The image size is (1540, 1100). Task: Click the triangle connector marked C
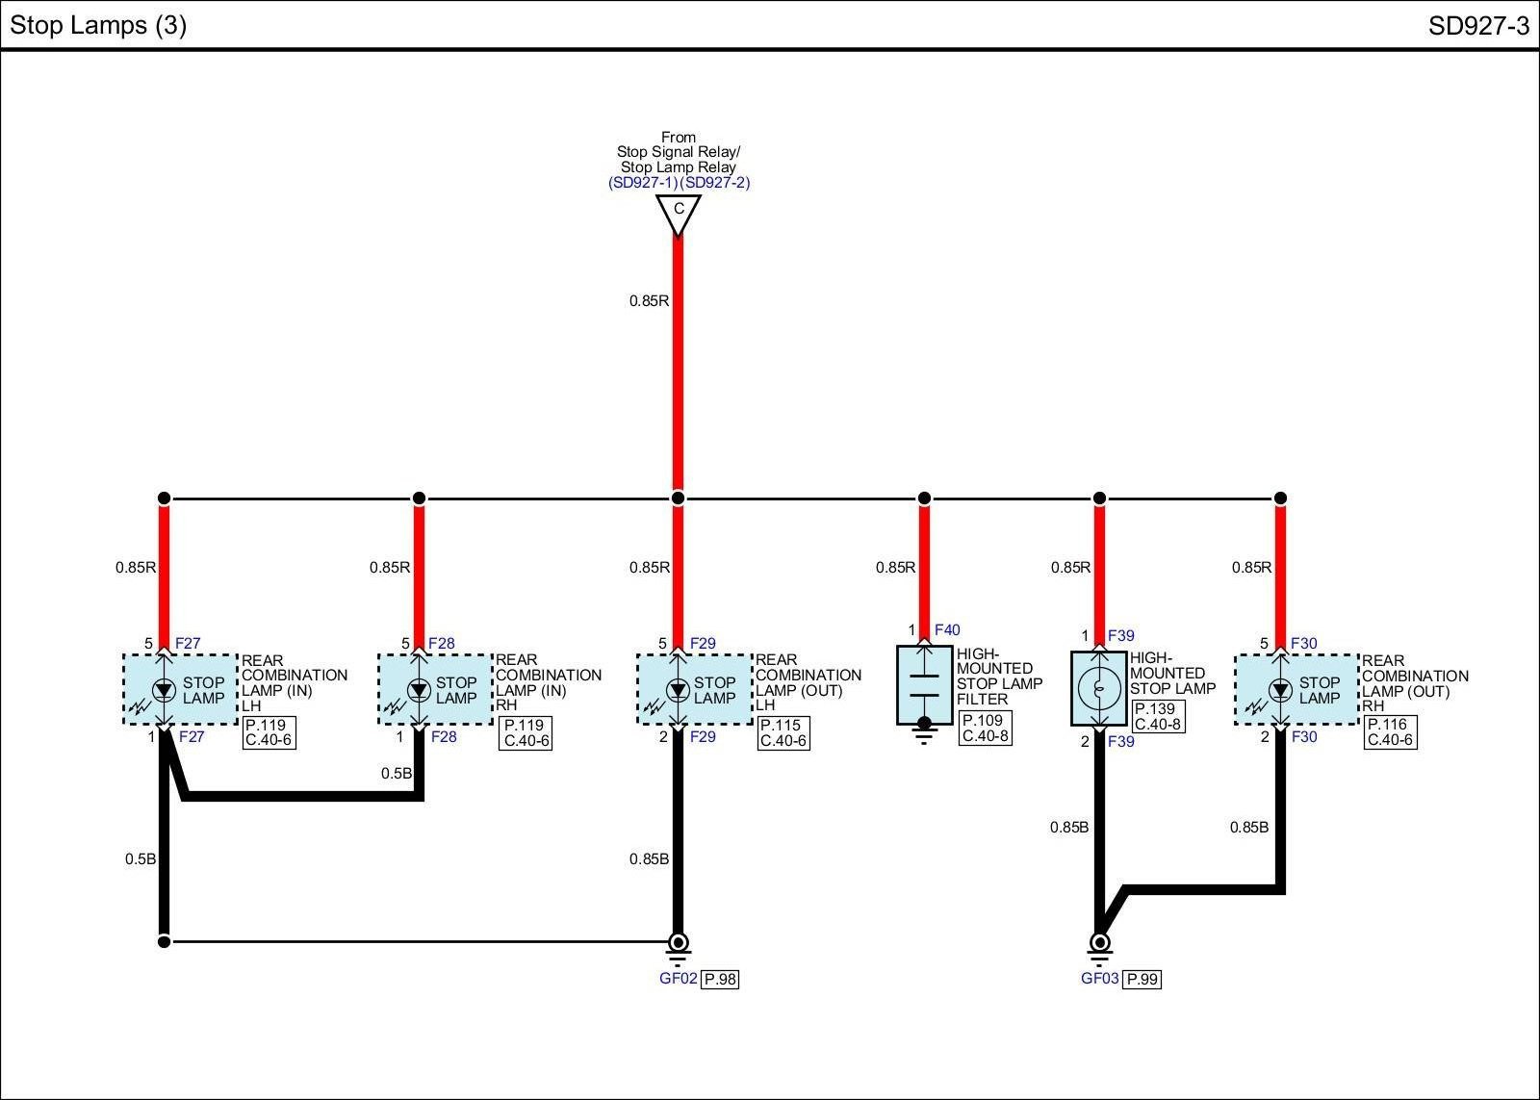pos(679,213)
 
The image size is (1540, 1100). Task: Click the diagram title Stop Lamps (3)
pos(97,25)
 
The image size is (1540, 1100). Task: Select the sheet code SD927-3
pos(1478,26)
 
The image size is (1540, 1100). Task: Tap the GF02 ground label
pos(678,979)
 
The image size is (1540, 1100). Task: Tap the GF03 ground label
pos(1099,979)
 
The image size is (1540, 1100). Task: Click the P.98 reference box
pos(720,980)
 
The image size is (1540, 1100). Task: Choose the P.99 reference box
pos(1142,980)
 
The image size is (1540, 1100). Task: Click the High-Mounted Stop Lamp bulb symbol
pos(1098,687)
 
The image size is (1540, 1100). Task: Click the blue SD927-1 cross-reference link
pos(643,183)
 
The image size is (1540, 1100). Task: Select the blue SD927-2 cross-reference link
pos(715,183)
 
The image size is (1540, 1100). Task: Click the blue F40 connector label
pos(947,630)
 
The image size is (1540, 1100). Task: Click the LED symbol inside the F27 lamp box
pos(164,689)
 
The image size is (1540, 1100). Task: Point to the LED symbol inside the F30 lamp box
pos(1280,689)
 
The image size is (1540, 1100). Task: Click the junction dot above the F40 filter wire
pos(924,499)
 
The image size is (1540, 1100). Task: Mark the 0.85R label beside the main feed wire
pos(649,300)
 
